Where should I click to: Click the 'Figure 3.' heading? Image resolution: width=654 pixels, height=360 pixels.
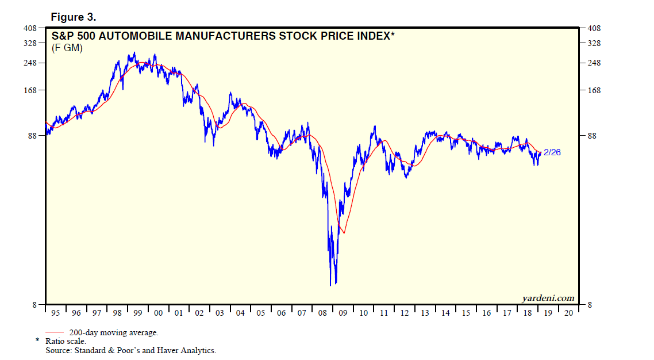tap(73, 17)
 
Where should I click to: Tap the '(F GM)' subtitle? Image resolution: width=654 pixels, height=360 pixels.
tap(67, 48)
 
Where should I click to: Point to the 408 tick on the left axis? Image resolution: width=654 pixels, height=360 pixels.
tap(29, 28)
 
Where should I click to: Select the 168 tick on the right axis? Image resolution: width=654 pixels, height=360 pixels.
tap(594, 90)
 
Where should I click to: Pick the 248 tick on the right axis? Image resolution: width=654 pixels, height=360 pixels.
tap(594, 63)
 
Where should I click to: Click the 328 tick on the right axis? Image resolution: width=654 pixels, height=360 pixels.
tap(594, 43)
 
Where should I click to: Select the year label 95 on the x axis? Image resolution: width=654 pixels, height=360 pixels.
tap(56, 313)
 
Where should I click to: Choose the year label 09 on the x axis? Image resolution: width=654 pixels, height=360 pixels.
tap(343, 313)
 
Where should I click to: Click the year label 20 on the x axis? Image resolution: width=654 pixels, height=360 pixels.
tap(568, 313)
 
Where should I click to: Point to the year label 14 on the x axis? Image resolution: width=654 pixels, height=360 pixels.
tap(445, 313)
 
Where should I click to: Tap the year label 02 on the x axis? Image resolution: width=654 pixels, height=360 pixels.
tap(199, 313)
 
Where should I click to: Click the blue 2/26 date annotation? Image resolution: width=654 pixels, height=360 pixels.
tap(552, 152)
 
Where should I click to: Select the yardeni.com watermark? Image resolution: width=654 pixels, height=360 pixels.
tap(548, 298)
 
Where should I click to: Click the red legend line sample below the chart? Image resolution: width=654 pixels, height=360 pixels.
tap(56, 332)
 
